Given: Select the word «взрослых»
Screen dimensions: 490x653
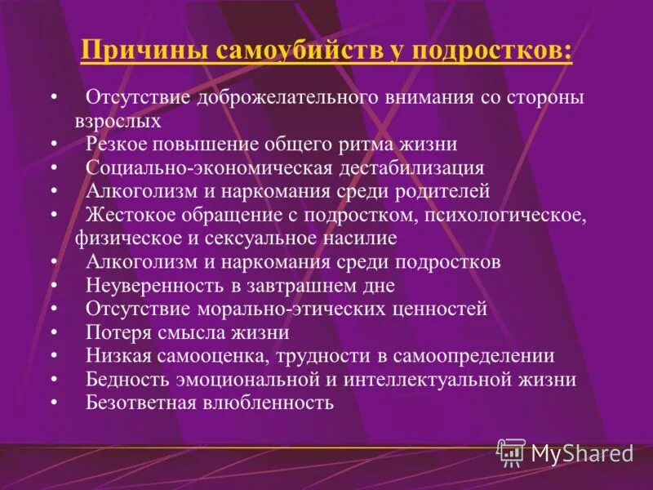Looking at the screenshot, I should coord(118,120).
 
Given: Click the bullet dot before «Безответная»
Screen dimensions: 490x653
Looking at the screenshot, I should coord(53,403).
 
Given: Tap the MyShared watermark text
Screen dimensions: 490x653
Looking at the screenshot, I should coord(582,452).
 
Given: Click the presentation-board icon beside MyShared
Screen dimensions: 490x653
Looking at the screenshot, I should coord(512,452).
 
